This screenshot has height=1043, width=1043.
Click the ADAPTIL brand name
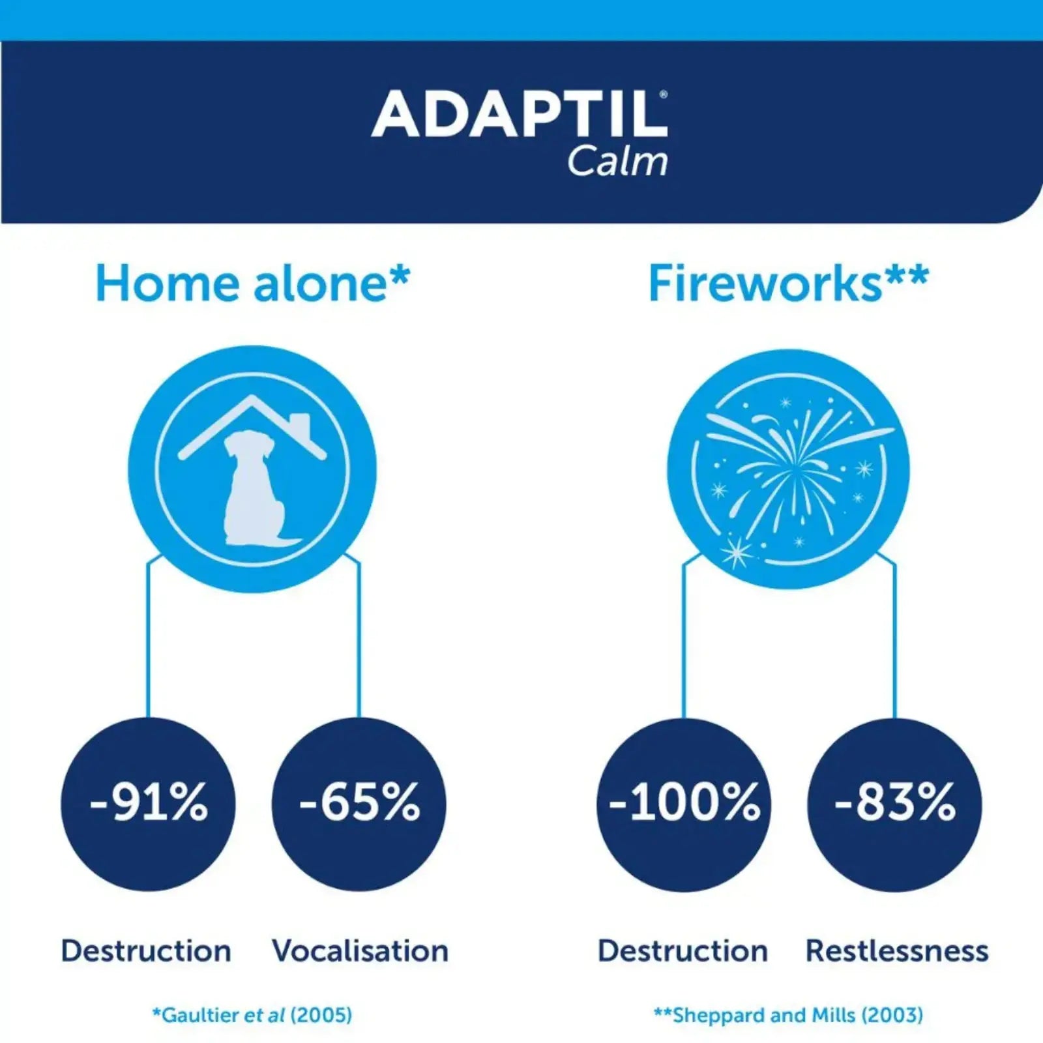coord(518,115)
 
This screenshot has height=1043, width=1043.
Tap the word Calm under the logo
coord(617,162)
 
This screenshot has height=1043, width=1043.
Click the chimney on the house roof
coord(300,424)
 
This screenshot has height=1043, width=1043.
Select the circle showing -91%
coord(149,803)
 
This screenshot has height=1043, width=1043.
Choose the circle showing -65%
coord(359,803)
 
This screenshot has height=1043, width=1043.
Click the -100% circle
coord(684,803)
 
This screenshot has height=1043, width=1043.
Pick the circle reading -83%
coord(894,803)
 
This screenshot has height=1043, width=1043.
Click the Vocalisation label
coord(360,951)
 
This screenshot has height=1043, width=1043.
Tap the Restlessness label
coord(897,951)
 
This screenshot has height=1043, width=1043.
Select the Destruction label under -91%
coord(146,951)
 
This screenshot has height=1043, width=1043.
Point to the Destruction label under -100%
coord(683,951)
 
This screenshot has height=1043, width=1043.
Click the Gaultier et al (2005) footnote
coord(252,1015)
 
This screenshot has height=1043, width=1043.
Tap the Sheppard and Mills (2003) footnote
coord(789,1015)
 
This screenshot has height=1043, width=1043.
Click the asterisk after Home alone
coord(400,276)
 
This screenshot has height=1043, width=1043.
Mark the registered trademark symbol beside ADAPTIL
coord(664,95)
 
